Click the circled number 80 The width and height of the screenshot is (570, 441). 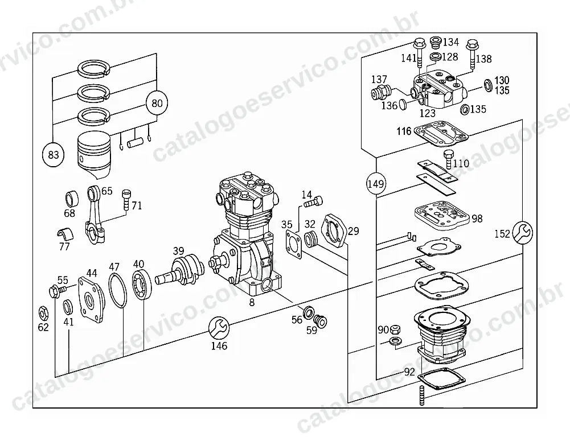pyautogui.click(x=157, y=104)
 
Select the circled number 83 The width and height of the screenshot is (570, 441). pyautogui.click(x=53, y=155)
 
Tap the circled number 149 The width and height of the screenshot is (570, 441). pyautogui.click(x=375, y=183)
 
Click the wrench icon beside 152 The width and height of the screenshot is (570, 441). pyautogui.click(x=522, y=233)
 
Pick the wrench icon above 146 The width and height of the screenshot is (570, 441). pyautogui.click(x=219, y=328)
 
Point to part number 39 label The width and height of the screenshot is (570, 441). pyautogui.click(x=178, y=251)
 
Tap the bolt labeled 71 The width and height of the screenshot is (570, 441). pyautogui.click(x=126, y=199)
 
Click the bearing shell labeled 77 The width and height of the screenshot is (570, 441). pyautogui.click(x=66, y=234)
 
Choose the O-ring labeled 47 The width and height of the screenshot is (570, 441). pyautogui.click(x=117, y=291)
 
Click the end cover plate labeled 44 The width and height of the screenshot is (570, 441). pyautogui.click(x=91, y=300)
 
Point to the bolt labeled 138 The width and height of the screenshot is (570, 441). pyautogui.click(x=472, y=55)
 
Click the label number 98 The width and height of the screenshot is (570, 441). pyautogui.click(x=477, y=219)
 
